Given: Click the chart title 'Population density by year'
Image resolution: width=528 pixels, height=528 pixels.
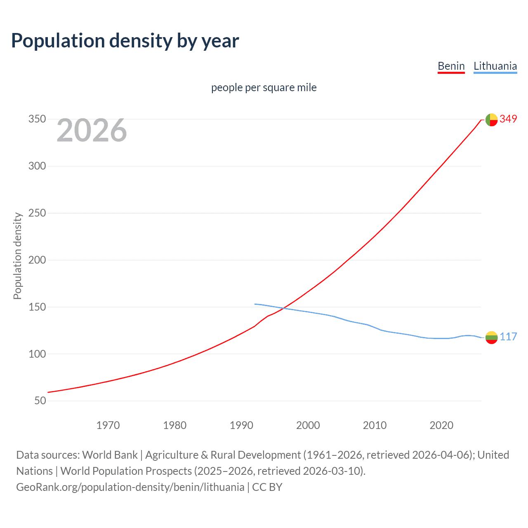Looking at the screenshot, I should point(125,40).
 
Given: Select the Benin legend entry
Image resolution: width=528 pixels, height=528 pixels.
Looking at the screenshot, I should point(451,66).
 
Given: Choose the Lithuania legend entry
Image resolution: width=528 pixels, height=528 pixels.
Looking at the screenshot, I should point(495,66).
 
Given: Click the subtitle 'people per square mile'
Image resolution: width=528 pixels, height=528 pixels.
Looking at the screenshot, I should point(264,87).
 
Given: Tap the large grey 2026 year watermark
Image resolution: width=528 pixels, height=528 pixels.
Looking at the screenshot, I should point(92,130).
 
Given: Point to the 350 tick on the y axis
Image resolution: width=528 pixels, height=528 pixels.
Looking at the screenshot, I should point(37,119).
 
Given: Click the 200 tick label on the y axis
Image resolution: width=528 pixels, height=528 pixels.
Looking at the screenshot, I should point(37,260).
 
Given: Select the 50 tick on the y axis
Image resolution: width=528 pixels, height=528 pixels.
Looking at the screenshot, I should point(40,401).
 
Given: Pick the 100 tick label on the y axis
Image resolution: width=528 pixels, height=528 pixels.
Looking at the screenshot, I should point(37,354).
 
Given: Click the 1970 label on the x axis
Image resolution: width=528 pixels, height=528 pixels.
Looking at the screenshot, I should point(108,425).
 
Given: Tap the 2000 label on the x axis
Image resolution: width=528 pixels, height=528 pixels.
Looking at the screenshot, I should point(308,425).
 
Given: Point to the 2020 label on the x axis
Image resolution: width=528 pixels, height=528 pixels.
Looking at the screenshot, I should point(441,425).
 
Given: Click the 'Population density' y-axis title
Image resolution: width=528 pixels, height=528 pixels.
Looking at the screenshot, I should point(17,256).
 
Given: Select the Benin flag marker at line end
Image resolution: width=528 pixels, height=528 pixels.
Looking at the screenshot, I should point(491,120).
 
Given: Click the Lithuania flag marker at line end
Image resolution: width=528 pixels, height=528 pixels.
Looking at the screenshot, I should point(491,337).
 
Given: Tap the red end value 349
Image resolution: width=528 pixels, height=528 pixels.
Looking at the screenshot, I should point(508,119).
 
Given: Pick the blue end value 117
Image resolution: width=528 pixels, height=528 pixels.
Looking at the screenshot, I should point(508,337).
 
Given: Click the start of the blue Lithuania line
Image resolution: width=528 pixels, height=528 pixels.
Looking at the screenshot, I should point(255,304).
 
